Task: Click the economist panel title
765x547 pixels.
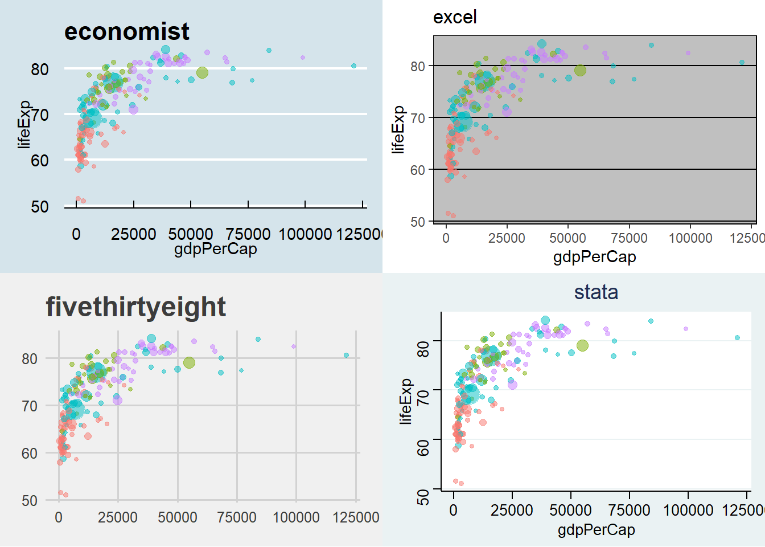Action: pos(126,32)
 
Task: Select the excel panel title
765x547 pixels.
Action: pos(455,18)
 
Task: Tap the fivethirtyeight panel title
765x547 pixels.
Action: pos(135,307)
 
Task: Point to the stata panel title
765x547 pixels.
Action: pos(596,292)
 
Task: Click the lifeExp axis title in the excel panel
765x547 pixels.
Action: pos(398,130)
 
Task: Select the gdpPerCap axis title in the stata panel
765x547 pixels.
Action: pos(596,530)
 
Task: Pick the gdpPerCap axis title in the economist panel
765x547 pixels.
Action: pos(215,249)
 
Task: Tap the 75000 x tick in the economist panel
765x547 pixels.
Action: pos(248,234)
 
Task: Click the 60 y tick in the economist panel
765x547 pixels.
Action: pos(40,161)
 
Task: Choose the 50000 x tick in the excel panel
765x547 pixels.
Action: pos(567,238)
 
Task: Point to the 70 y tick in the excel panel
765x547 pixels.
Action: pos(418,119)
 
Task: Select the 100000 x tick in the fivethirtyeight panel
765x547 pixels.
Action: pos(296,517)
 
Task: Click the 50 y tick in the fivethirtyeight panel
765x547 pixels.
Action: pos(30,501)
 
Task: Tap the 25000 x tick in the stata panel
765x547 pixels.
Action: pos(512,510)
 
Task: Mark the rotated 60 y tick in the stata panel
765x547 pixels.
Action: pos(423,448)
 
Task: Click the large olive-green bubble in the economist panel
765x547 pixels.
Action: pos(202,72)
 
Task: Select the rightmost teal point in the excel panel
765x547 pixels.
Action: pos(742,62)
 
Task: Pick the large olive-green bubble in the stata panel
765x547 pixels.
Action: pos(582,346)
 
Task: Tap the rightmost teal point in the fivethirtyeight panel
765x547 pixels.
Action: pos(346,355)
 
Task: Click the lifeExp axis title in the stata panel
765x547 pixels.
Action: pos(405,401)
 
